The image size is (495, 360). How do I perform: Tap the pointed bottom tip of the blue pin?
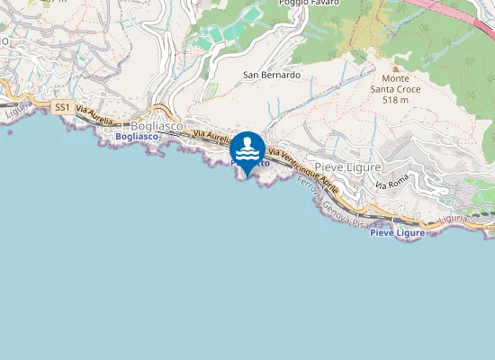247,176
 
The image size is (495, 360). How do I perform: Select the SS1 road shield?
62,107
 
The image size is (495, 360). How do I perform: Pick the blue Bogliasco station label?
137,137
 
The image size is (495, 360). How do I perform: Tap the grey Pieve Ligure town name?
347,168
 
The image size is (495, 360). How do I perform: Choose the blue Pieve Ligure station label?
397,233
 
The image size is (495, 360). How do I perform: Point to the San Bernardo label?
272,75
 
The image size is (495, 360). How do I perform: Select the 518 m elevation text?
395,100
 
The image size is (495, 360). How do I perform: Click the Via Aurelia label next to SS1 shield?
94,116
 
